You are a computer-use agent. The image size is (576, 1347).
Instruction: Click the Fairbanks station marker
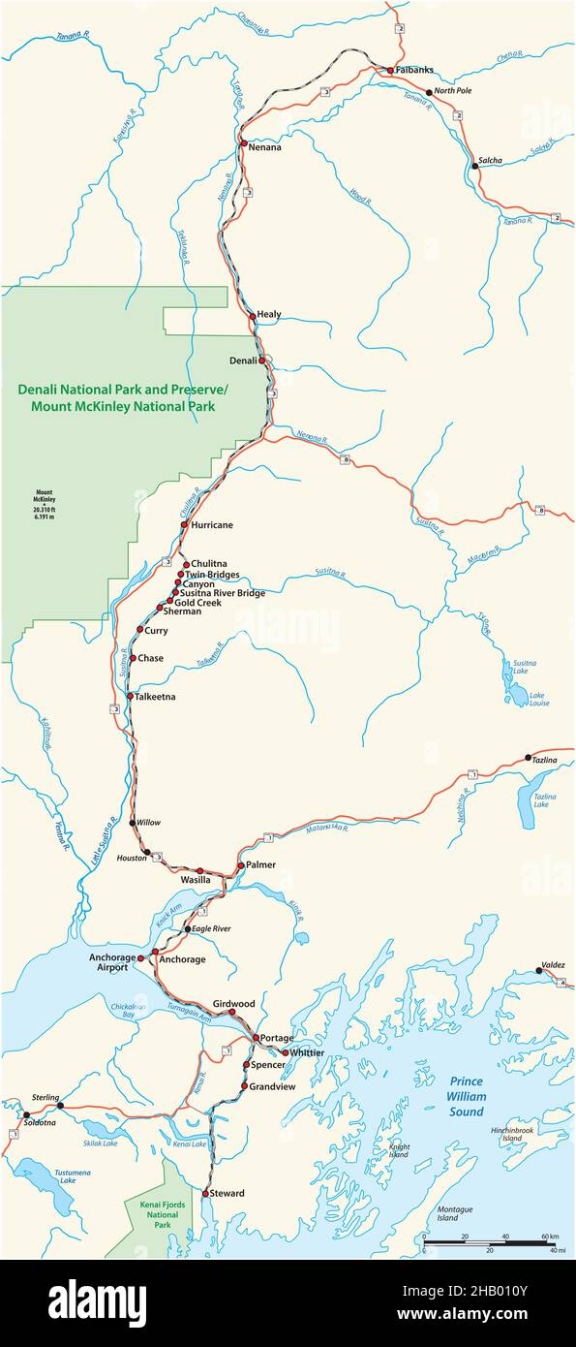tap(389, 71)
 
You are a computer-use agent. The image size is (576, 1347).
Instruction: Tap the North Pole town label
tap(452, 92)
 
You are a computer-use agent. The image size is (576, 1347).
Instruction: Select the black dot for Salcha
tap(474, 166)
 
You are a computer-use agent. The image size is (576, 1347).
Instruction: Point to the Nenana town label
tap(264, 147)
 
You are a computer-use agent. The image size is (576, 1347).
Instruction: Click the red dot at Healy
tap(252, 316)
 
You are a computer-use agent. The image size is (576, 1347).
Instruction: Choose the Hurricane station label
tap(212, 525)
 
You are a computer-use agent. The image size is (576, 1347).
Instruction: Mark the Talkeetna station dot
tap(130, 696)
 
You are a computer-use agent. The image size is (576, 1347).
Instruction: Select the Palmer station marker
tap(241, 864)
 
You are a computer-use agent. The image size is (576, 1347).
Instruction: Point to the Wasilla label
tap(224, 880)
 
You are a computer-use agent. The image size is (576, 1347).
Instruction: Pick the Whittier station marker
tap(285, 1052)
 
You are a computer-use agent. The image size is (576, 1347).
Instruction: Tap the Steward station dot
tap(205, 1193)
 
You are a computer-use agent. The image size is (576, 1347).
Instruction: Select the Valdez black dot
tap(538, 970)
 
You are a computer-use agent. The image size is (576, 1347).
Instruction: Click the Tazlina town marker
tap(528, 758)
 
